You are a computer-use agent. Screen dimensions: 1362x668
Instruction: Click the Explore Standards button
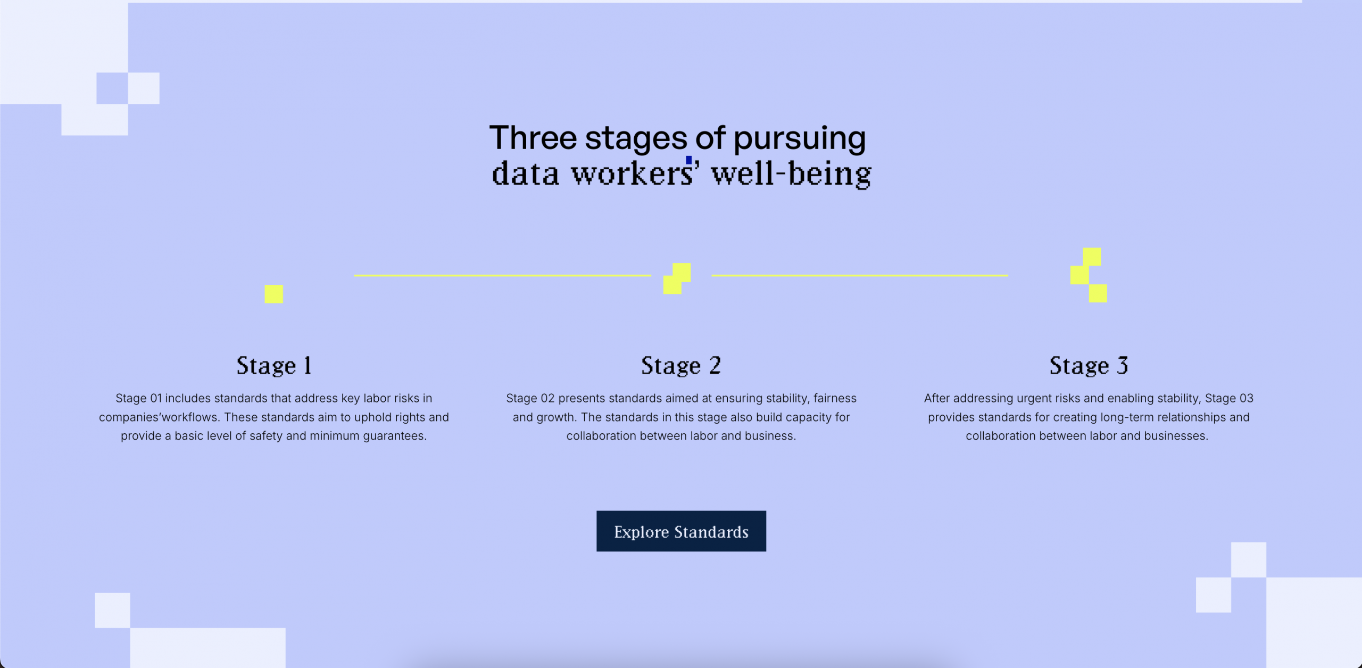(x=681, y=531)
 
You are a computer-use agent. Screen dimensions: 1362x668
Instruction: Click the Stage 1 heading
(x=274, y=366)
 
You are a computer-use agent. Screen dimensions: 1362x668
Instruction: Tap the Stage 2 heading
(x=681, y=366)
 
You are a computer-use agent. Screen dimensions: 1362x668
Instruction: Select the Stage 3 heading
(x=1089, y=366)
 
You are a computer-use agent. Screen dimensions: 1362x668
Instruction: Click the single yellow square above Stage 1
(x=274, y=294)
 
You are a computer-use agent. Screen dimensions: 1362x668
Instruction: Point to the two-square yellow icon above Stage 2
(x=677, y=278)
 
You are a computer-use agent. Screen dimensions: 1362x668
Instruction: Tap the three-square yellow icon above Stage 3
(x=1089, y=275)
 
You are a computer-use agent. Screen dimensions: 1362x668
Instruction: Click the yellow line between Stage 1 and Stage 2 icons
(x=503, y=275)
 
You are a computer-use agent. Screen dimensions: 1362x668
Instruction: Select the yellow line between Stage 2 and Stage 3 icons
(x=860, y=275)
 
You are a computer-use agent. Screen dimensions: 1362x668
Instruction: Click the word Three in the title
(x=533, y=138)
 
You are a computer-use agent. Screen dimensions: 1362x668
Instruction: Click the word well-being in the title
(x=792, y=174)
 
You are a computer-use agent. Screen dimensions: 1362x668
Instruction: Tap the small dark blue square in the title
(x=688, y=160)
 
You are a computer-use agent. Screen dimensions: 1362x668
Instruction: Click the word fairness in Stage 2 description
(x=835, y=398)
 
